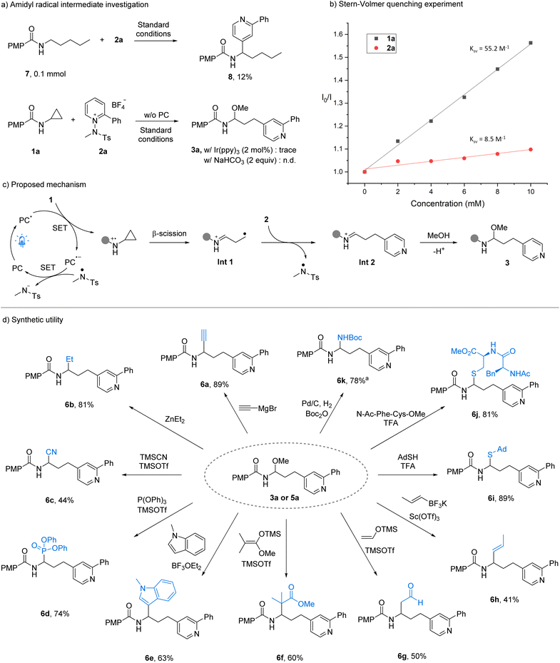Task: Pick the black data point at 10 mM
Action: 531,43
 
